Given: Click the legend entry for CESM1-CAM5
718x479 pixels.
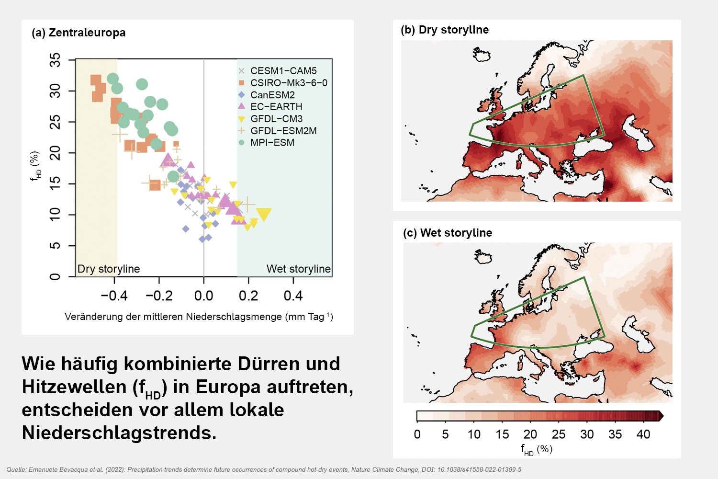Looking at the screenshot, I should point(283,71).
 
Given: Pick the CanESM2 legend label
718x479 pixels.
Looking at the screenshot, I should point(272,95).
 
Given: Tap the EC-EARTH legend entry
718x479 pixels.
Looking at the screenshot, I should point(276,107).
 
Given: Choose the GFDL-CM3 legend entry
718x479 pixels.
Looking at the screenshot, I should point(276,119).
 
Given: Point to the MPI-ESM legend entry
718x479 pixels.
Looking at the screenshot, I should point(272,143).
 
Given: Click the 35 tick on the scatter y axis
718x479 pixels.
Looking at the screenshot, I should point(56,60).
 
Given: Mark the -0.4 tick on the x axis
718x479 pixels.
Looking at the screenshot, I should point(114,296).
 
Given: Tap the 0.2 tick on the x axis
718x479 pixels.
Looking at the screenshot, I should point(248,296).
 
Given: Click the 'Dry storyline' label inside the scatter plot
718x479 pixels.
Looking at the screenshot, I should point(109,269).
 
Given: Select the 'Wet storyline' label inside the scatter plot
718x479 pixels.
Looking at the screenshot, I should point(298,269).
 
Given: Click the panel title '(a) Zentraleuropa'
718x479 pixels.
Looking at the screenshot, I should point(79,33).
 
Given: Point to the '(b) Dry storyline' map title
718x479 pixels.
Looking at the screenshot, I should point(445,30).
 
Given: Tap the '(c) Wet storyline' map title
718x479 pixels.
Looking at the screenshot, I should point(448,233).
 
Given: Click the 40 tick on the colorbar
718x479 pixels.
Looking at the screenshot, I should point(643,434).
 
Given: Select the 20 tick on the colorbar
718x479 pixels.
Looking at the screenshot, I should point(530,434).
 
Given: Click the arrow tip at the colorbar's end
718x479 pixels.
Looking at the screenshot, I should point(662,416).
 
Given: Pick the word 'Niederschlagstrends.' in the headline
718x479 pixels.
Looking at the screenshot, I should point(119,433).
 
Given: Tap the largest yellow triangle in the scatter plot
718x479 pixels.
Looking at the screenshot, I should point(264,214).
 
